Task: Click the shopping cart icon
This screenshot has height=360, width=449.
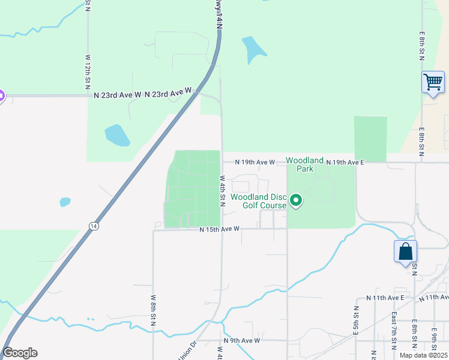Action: [433, 82]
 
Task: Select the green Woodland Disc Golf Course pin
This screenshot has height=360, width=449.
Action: [295, 200]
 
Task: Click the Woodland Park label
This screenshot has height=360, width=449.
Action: [300, 164]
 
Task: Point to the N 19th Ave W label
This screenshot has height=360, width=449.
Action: [255, 162]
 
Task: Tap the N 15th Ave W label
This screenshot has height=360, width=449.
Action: [220, 229]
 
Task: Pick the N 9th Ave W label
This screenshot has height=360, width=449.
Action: [242, 340]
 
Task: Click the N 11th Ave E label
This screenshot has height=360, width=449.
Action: [385, 298]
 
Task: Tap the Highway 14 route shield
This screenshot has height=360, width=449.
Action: [93, 226]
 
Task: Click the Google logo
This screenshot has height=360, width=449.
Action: [20, 353]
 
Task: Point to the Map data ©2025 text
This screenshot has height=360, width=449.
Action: [423, 355]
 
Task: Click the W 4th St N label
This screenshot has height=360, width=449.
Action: [222, 191]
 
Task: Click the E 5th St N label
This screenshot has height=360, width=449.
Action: [356, 323]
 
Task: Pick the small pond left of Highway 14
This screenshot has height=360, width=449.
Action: [65, 202]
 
